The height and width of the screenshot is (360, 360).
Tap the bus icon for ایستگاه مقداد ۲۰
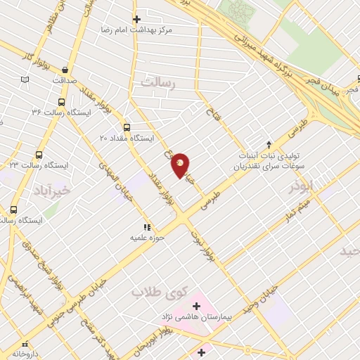click(x=127, y=127)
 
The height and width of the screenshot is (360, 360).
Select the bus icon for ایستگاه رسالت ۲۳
click(x=38, y=155)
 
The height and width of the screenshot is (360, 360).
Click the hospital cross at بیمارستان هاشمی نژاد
click(x=196, y=307)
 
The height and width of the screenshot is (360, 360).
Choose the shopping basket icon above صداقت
click(x=65, y=70)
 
